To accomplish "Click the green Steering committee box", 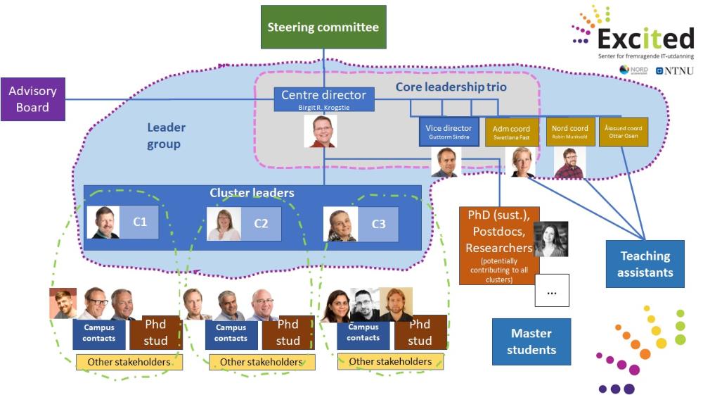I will point(323,27).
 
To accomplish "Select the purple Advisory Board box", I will point(33,99).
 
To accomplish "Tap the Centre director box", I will point(323,99).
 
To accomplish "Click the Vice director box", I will point(449,132).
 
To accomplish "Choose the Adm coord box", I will point(511,132).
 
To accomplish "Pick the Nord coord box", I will point(569,132).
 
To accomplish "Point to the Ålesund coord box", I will point(624,132).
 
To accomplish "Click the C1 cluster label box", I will point(139,222).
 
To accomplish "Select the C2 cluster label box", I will point(261,223).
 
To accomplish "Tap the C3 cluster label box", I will point(378,223).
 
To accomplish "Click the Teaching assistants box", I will point(645,264).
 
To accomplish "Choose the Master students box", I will point(531,341).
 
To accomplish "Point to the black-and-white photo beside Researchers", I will point(551,239).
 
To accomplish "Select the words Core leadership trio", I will point(451,87).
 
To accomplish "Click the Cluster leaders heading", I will point(252,193).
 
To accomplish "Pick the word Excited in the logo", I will point(646,38).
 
